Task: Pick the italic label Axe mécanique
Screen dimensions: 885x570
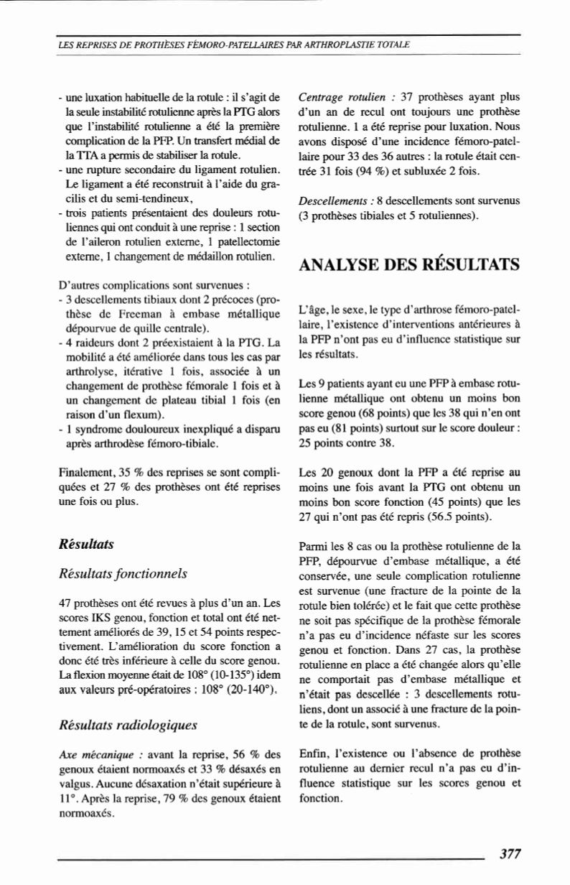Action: coord(88,757)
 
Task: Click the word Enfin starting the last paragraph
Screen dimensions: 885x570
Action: coord(310,757)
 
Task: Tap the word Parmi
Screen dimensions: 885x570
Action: coord(312,546)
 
